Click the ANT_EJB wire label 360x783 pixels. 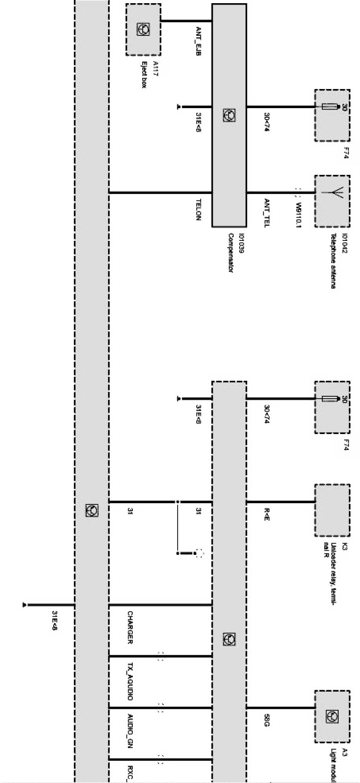(198, 41)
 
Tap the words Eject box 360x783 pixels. (144, 74)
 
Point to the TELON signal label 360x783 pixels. (198, 209)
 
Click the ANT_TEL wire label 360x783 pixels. (267, 213)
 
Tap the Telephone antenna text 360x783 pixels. (333, 261)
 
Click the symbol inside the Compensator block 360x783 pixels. (230, 115)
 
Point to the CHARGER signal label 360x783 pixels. (130, 627)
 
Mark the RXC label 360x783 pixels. (130, 772)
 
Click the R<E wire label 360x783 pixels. (267, 515)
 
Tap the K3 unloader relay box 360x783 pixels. (332, 510)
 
